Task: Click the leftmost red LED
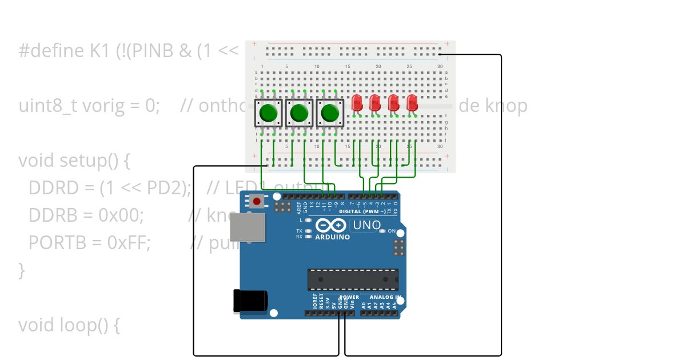click(x=357, y=103)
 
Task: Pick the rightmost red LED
click(x=412, y=103)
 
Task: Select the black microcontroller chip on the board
click(x=353, y=279)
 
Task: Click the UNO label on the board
click(x=366, y=225)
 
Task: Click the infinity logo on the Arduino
click(x=330, y=226)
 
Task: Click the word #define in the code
click(x=51, y=51)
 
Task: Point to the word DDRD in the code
click(x=47, y=188)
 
